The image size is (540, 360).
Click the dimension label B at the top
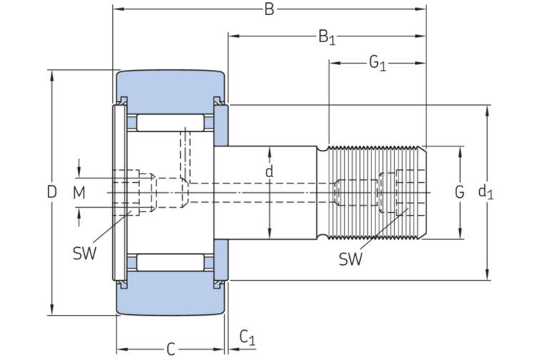[x=269, y=9]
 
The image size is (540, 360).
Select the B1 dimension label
[x=326, y=37]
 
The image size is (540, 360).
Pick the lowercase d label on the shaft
[x=269, y=172]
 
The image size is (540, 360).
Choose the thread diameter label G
[x=460, y=191]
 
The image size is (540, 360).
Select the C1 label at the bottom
[x=246, y=336]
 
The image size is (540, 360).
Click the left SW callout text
[x=84, y=252]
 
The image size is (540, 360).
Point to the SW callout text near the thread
[x=350, y=259]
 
